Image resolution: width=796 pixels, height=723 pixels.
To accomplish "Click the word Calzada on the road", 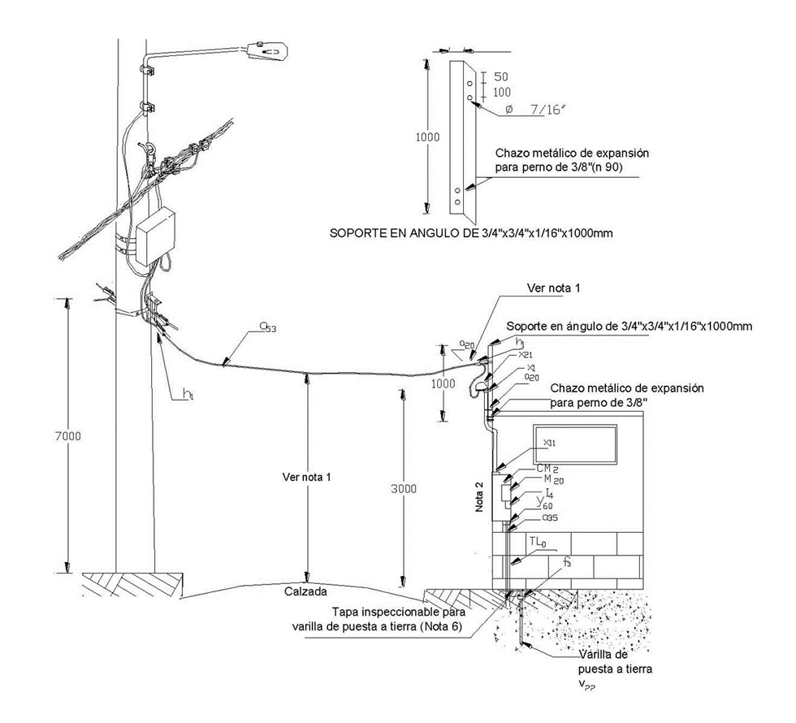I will tap(305, 591).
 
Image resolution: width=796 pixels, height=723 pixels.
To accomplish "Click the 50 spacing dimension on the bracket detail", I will tap(501, 76).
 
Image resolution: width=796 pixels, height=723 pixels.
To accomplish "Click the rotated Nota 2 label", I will tap(479, 496).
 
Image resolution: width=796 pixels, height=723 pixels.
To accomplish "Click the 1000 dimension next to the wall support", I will tap(443, 383).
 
